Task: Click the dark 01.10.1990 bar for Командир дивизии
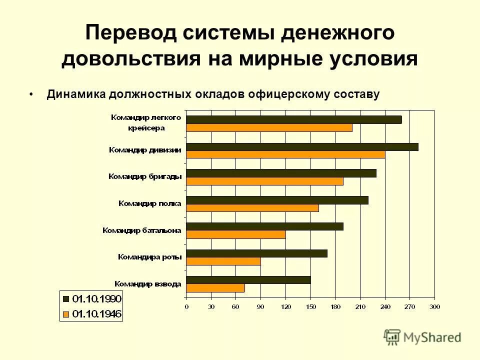point(302,147)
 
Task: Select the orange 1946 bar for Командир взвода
point(215,288)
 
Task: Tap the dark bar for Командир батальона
point(264,226)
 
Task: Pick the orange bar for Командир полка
point(252,208)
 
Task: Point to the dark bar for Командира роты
point(256,253)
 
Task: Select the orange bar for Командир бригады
point(264,181)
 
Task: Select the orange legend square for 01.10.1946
point(65,314)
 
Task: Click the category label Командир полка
point(149,203)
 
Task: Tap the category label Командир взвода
point(148,283)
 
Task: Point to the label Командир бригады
point(145,176)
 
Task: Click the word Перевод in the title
point(130,33)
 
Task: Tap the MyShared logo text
point(432,337)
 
